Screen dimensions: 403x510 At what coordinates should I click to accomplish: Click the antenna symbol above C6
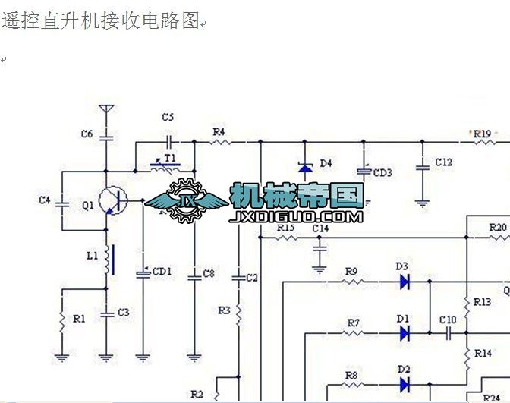point(106,112)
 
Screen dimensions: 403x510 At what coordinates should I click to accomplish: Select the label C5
point(168,117)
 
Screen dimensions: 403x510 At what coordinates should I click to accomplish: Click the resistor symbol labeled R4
point(219,142)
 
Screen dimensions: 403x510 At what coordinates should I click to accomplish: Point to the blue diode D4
point(305,166)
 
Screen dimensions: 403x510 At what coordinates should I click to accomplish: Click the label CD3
point(382,173)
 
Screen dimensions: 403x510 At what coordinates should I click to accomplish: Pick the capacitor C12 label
point(443,162)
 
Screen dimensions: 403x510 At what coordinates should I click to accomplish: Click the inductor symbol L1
point(108,259)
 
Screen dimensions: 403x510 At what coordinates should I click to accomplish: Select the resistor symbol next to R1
point(59,320)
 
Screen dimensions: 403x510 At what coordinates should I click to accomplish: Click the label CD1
point(162,271)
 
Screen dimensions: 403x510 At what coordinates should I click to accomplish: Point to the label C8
point(209,273)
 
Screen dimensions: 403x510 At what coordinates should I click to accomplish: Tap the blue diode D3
point(404,282)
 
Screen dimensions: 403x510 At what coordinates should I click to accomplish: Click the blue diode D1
point(404,332)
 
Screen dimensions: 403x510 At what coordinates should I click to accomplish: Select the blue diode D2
point(404,384)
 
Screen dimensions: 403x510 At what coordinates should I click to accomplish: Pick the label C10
point(448,320)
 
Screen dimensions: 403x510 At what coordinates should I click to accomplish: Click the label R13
point(483,302)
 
